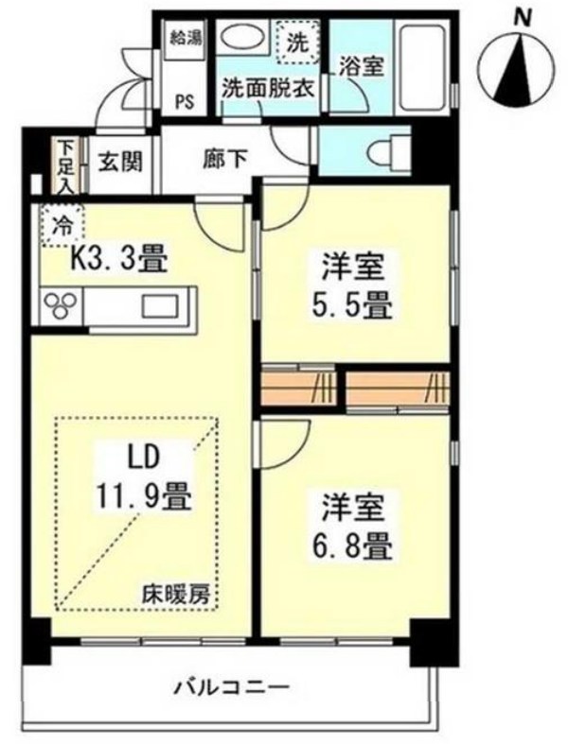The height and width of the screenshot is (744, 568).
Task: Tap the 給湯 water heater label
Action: tap(185, 39)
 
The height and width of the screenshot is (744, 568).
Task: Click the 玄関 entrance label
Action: tap(118, 161)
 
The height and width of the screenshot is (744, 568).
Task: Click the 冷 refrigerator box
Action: tap(62, 226)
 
